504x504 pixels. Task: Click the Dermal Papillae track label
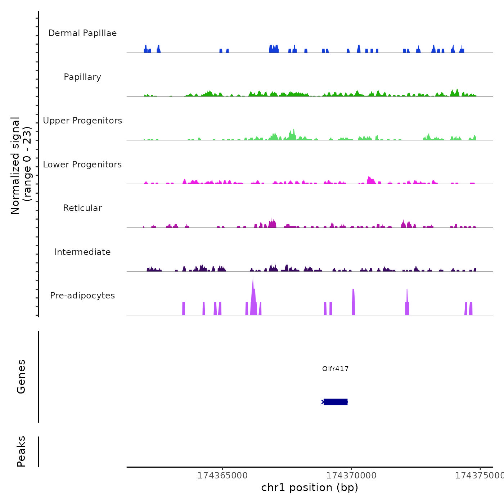coord(82,33)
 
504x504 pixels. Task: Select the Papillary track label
coord(82,77)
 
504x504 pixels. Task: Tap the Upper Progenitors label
coord(82,121)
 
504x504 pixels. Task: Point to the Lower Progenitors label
coord(82,165)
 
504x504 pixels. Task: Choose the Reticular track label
coord(82,208)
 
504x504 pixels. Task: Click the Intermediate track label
coord(82,252)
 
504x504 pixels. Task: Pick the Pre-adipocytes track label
coord(82,296)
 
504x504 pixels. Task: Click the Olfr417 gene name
coord(335,369)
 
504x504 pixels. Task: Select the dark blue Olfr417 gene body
coord(336,402)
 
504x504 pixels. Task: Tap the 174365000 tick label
coord(222,476)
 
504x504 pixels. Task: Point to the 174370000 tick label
coord(351,476)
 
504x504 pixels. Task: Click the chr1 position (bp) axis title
coord(310,487)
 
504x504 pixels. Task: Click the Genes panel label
coord(21,377)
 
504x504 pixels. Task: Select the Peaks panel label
coord(21,451)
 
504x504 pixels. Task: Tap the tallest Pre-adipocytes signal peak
coord(253,295)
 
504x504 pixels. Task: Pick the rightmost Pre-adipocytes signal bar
coord(471,309)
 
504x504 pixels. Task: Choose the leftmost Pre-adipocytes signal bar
coord(184,309)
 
